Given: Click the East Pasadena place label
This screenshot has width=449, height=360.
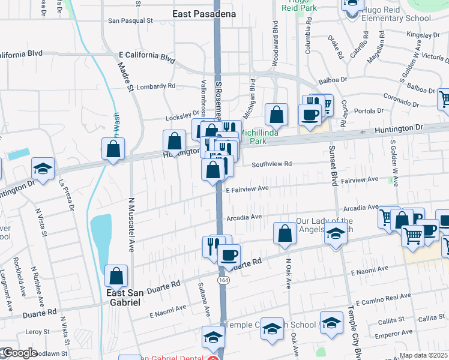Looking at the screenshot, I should click(204, 13).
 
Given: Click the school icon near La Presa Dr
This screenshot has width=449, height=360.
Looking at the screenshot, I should click(43, 169).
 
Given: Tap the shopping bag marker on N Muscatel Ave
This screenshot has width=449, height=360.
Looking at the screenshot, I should click(116, 276).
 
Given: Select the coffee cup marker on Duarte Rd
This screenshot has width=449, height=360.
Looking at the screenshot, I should click(228, 255).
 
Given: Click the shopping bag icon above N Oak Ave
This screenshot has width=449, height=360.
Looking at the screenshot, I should click(285, 233).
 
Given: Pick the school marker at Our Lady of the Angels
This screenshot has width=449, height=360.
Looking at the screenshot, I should click(336, 235).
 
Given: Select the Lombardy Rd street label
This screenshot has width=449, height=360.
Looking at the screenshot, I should click(155, 86).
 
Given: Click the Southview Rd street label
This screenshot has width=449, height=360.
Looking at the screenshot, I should click(271, 164).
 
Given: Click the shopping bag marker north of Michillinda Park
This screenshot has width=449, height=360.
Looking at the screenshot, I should click(276, 115).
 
